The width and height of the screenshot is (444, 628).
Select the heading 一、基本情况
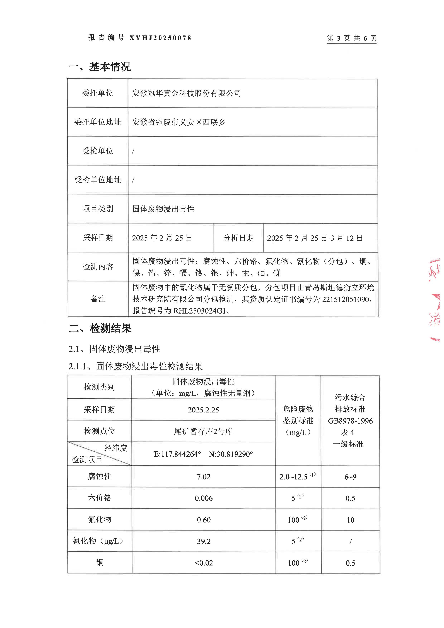pos(100,66)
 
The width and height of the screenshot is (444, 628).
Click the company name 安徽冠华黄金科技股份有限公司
pos(186,93)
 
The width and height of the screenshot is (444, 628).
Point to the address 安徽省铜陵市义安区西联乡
pos(178,122)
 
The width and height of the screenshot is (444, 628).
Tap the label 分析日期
pos(238,238)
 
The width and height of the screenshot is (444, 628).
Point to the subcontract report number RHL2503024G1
pos(200,311)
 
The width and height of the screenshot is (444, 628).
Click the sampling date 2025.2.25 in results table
pos(203,410)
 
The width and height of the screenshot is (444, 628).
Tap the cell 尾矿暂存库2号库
pos(203,431)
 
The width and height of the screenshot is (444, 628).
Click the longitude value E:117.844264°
pos(177,454)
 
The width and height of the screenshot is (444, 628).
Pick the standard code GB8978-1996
pos(350,421)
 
